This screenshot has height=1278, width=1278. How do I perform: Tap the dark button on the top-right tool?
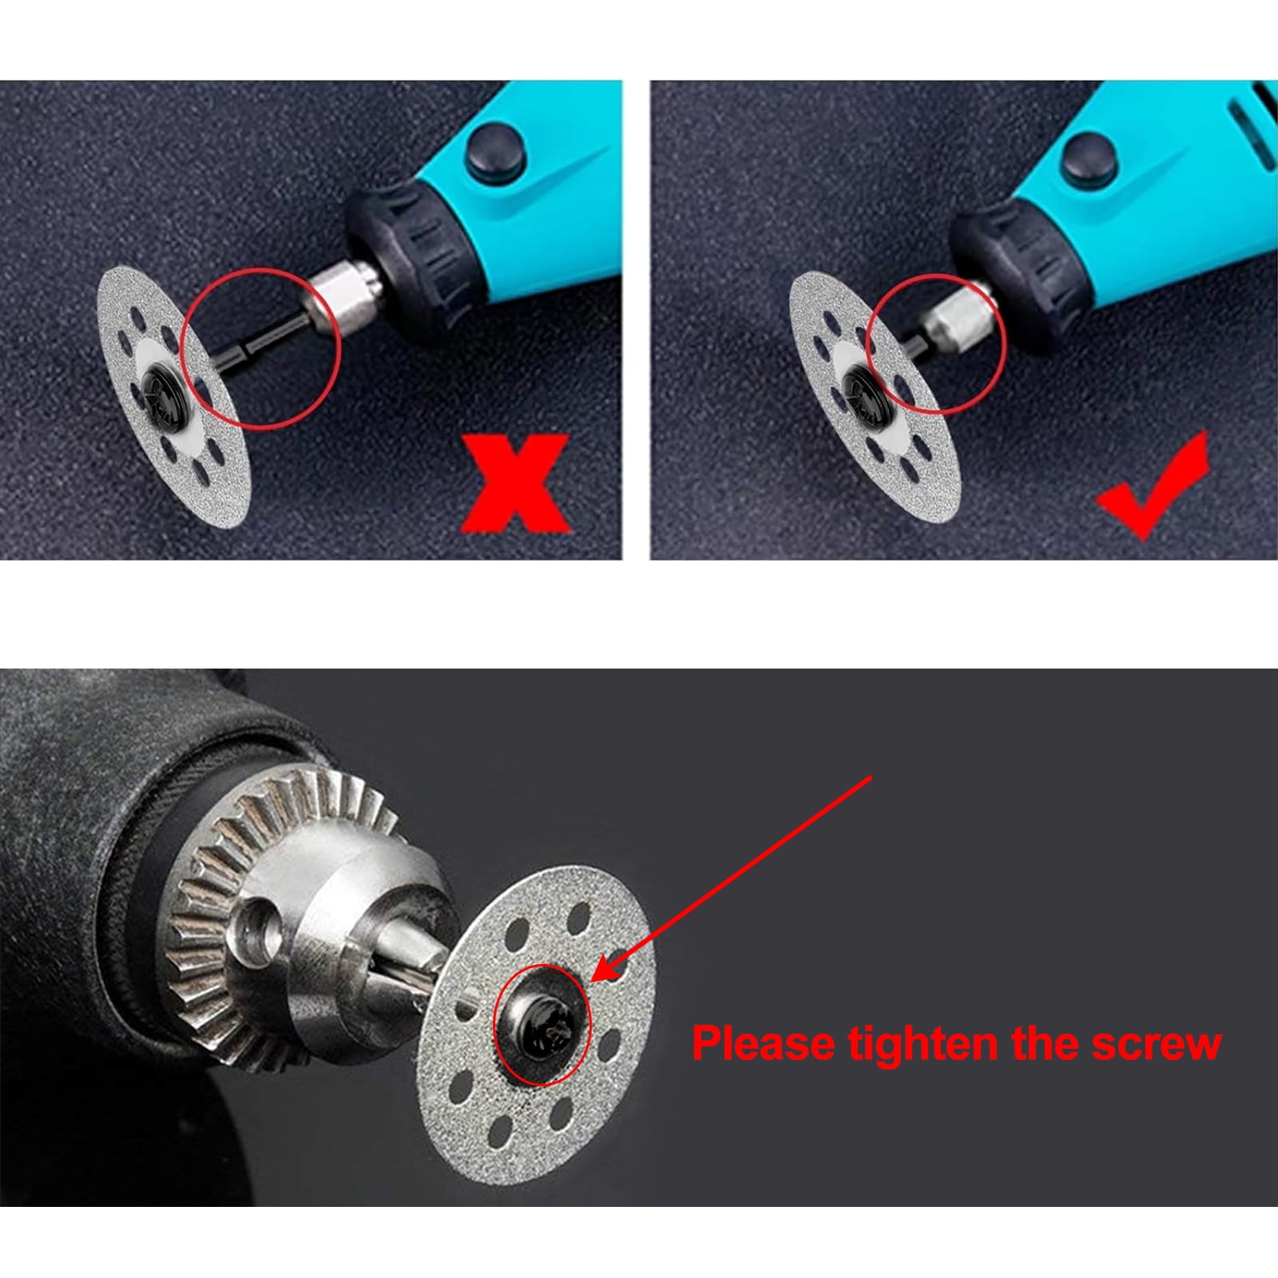tap(1088, 156)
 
